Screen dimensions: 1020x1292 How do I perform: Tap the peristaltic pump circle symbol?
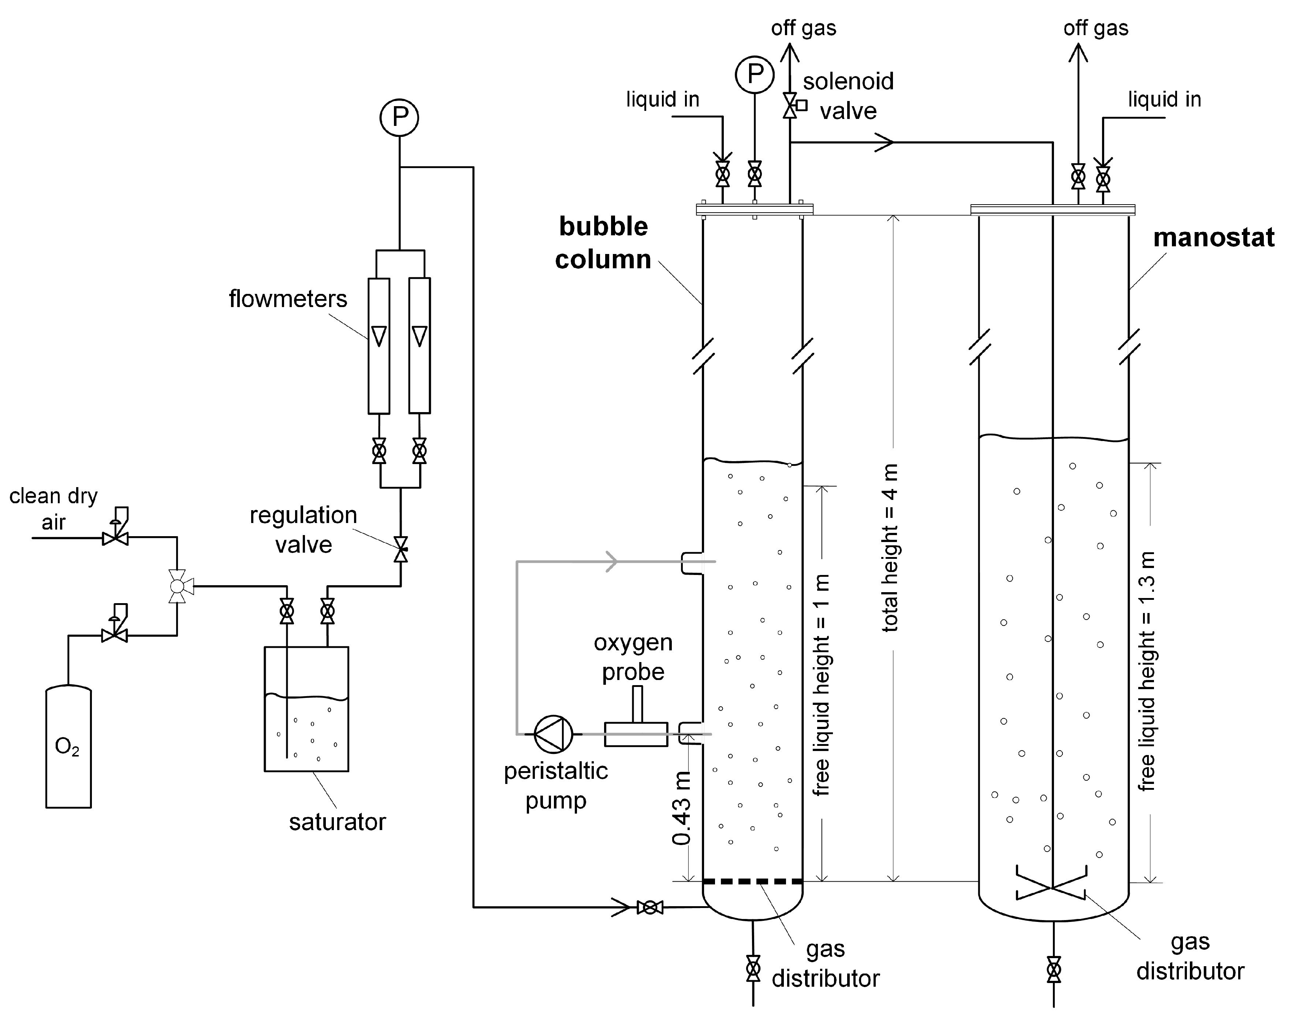(553, 734)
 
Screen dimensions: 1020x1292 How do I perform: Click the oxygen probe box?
(636, 734)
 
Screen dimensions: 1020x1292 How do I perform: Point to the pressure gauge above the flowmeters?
(399, 117)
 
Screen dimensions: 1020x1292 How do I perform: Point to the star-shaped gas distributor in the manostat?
(1051, 888)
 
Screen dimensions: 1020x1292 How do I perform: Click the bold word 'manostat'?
(1214, 238)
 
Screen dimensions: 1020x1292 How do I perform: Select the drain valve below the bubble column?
(753, 969)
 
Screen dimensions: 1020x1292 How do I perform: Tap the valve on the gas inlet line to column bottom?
(650, 908)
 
